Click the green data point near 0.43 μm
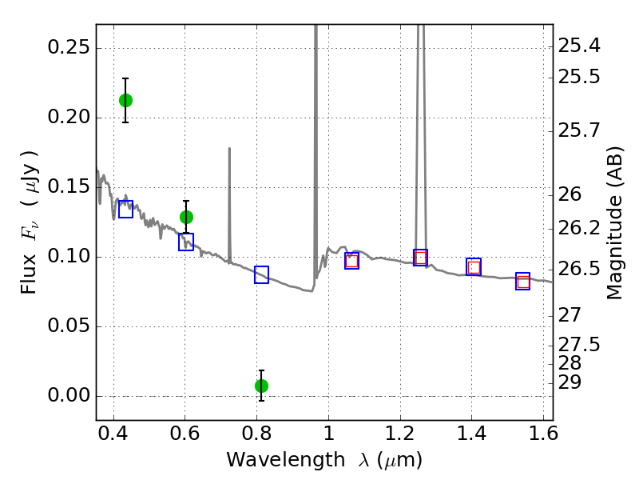[x=125, y=100]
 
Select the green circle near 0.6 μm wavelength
[x=186, y=217]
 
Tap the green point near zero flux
[x=262, y=386]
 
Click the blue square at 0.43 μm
[x=125, y=209]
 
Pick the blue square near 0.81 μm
[x=262, y=274]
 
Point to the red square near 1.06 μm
[x=351, y=262]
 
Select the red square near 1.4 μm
[x=474, y=267]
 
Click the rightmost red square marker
[x=523, y=282]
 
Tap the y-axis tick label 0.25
[x=69, y=47]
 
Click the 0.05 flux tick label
[x=69, y=326]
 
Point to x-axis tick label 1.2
[x=400, y=433]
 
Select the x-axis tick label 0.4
[x=113, y=433]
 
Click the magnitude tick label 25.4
[x=579, y=46]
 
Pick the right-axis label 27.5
[x=579, y=345]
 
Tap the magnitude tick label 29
[x=570, y=382]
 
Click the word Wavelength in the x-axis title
[x=286, y=460]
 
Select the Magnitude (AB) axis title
[x=614, y=223]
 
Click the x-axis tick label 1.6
[x=543, y=433]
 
